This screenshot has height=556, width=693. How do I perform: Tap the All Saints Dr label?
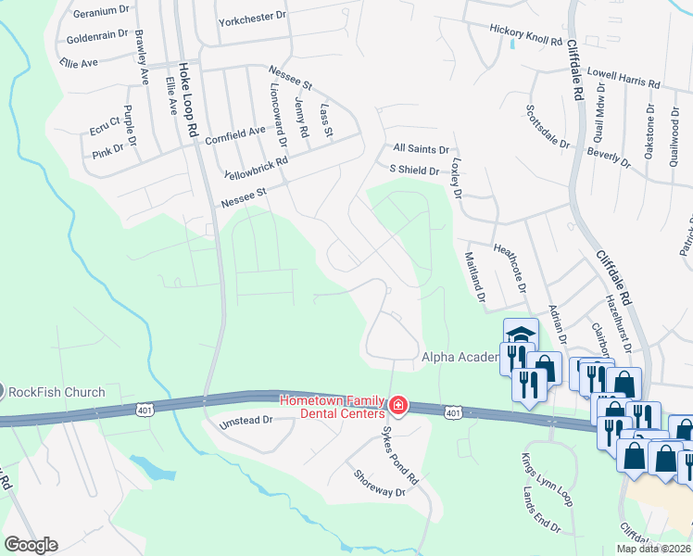(421, 148)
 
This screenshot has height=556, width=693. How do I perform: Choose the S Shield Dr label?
(414, 170)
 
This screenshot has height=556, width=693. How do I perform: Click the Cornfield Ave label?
(235, 133)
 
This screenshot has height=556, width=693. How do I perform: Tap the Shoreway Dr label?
(380, 483)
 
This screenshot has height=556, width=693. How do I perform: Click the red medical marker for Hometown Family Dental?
(397, 405)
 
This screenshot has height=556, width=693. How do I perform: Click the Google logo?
(31, 545)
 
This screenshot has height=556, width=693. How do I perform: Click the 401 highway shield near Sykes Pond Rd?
(452, 411)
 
